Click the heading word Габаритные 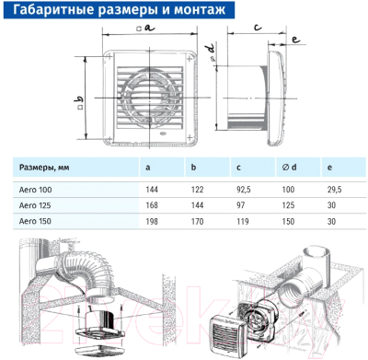point(51,12)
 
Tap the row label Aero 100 point(35,189)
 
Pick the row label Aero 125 point(35,205)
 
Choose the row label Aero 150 point(35,222)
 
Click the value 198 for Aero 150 point(152,222)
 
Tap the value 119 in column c point(242,222)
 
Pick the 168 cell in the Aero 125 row point(152,205)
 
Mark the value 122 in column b point(196,189)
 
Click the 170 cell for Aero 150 point(196,222)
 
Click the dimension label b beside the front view point(79,99)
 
